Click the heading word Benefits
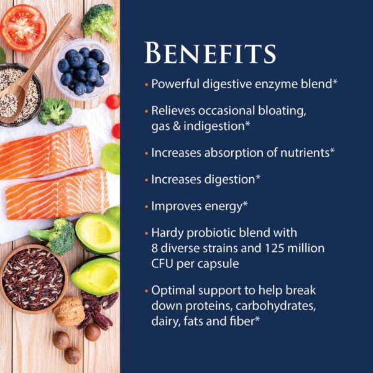[210, 53]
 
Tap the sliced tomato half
[24, 28]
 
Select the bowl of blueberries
[83, 70]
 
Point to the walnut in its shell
[69, 311]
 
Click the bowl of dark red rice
[34, 279]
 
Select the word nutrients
[305, 153]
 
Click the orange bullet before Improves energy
[146, 206]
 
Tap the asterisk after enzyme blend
[335, 81]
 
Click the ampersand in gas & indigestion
[177, 126]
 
